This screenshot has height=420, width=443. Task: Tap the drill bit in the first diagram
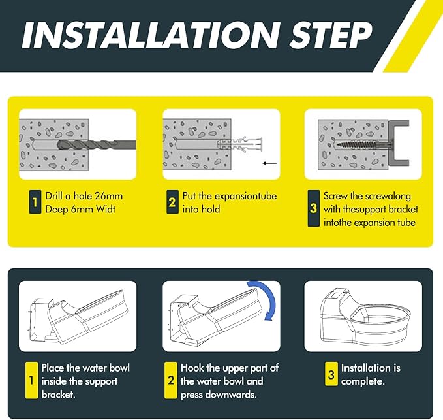[97, 144]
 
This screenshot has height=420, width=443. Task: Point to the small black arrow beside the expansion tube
[269, 163]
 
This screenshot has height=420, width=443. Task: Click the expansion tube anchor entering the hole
[239, 144]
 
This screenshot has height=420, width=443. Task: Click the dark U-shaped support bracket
[399, 143]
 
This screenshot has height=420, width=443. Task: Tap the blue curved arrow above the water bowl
[264, 299]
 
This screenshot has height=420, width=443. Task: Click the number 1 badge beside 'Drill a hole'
[35, 202]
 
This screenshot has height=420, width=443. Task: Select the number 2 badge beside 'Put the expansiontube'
[172, 202]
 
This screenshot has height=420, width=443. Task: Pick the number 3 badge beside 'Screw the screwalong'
[314, 208]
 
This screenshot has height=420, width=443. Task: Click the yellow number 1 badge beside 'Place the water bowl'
[31, 380]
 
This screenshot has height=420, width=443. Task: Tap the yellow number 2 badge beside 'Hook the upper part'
[171, 380]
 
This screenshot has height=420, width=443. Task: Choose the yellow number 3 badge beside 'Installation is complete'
[331, 374]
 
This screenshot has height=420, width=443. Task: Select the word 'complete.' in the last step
[363, 382]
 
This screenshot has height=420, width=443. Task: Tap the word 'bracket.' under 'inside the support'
[59, 395]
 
